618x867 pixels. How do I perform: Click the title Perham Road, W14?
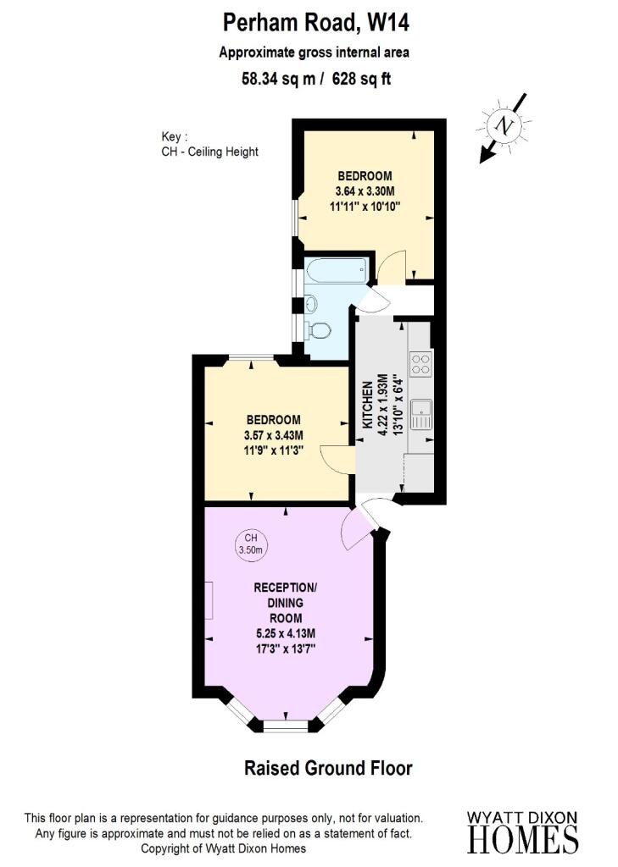tap(309, 20)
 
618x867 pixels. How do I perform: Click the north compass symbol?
tap(505, 127)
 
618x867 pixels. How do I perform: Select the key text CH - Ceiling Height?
tap(209, 152)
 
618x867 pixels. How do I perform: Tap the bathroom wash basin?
tap(310, 303)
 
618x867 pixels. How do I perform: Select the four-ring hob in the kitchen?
tap(420, 364)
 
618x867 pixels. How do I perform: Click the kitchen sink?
tap(420, 416)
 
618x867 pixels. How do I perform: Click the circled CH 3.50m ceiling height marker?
tap(251, 544)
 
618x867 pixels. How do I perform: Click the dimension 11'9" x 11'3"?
tap(274, 450)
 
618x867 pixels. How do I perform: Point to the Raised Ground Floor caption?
tap(328, 769)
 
